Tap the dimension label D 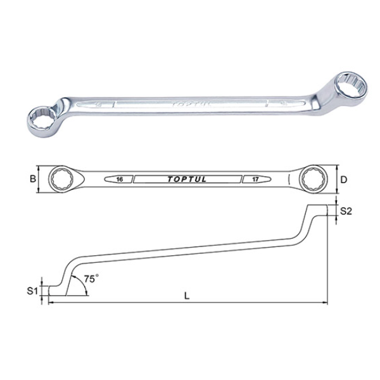click(x=343, y=180)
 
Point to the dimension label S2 click(x=346, y=212)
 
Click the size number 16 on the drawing click(x=120, y=180)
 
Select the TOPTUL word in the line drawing click(x=189, y=180)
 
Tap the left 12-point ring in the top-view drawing click(x=64, y=179)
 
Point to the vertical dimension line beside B click(x=39, y=179)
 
